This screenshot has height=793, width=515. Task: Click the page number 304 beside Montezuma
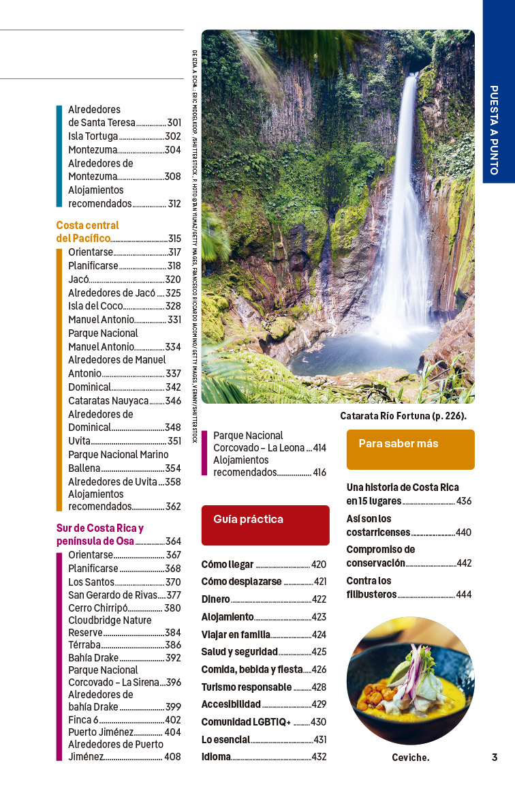173,150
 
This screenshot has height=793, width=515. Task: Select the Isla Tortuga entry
93,136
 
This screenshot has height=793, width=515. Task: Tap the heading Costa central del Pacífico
87,232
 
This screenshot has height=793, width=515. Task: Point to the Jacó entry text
78,280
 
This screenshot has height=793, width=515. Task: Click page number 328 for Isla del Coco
173,306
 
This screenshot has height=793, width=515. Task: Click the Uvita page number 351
174,441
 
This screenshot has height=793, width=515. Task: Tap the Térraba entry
84,645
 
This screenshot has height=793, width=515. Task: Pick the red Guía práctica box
265,524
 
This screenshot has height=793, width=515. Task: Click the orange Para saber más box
410,449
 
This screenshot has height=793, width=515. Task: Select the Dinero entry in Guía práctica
215,599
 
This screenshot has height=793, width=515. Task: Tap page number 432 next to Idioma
319,757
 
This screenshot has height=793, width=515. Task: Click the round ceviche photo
410,680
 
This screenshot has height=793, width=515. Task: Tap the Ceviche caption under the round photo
410,758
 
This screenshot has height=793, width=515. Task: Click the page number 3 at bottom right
495,757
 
